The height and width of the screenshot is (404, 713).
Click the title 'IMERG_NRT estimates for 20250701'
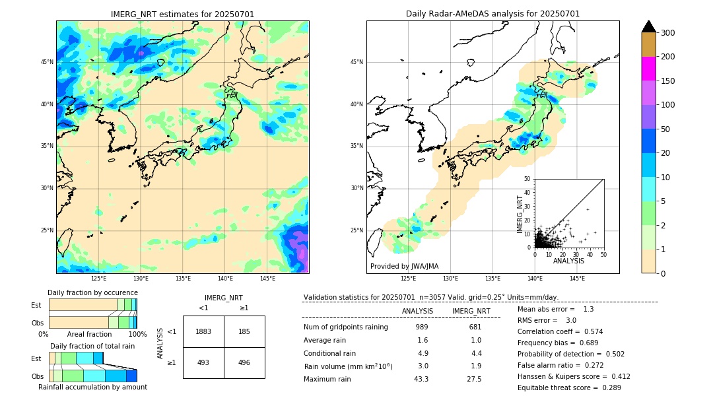pyautogui.click(x=182, y=14)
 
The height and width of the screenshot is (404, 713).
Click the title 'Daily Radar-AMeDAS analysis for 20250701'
pyautogui.click(x=492, y=14)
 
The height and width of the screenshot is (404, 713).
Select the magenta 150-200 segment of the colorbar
pyautogui.click(x=648, y=69)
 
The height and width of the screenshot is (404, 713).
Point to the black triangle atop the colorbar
pyautogui.click(x=648, y=26)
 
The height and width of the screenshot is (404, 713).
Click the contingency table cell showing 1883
pyautogui.click(x=203, y=331)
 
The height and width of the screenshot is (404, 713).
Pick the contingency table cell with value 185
pyautogui.click(x=244, y=331)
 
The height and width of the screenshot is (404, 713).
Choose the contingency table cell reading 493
pyautogui.click(x=203, y=362)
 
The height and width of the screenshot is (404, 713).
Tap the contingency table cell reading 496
pyautogui.click(x=244, y=362)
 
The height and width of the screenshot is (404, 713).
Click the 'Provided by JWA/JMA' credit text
pyautogui.click(x=404, y=266)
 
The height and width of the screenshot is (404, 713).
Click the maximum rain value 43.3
pyautogui.click(x=421, y=379)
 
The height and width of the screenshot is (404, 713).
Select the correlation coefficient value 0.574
pyautogui.click(x=589, y=331)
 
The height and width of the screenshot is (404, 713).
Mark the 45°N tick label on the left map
pyautogui.click(x=47, y=62)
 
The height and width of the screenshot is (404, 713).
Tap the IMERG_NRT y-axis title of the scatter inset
pyautogui.click(x=520, y=213)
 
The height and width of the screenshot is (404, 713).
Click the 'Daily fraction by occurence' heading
pyautogui.click(x=92, y=292)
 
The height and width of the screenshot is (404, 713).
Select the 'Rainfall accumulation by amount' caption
pyautogui.click(x=92, y=387)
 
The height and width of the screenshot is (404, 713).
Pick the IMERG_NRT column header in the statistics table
pyautogui.click(x=471, y=311)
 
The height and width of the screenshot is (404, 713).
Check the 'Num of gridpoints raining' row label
pyautogui.click(x=345, y=327)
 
